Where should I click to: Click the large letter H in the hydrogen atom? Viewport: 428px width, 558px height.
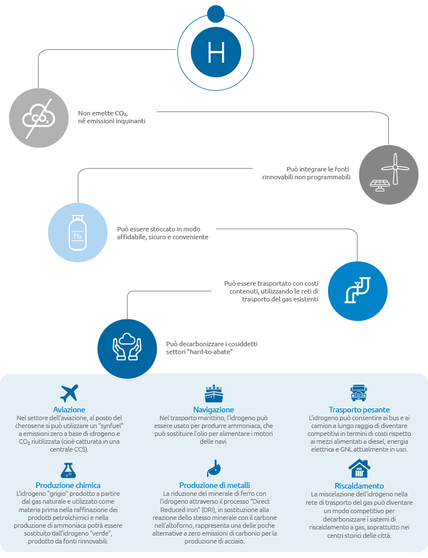[216, 52]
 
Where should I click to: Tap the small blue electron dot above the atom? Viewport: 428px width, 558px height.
[216, 14]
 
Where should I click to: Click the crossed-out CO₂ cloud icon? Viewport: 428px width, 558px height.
[39, 118]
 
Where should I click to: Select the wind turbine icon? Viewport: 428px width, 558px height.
[396, 168]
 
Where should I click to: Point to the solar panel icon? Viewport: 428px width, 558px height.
[380, 185]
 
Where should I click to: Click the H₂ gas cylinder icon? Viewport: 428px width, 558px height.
[78, 232]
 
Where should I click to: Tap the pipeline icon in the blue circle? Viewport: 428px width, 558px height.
[358, 290]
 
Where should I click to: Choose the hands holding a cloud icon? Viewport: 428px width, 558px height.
[127, 347]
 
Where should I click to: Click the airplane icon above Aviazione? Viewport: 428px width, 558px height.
[69, 393]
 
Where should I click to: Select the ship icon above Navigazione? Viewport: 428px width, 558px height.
[214, 393]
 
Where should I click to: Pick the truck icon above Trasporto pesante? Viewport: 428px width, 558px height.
[358, 393]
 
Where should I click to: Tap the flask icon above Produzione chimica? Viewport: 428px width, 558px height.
[68, 470]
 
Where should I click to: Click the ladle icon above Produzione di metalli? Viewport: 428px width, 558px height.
[214, 468]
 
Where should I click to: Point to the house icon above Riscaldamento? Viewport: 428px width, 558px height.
[359, 468]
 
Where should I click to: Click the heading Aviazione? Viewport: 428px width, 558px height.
[69, 410]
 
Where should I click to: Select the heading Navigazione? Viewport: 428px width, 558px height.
[214, 410]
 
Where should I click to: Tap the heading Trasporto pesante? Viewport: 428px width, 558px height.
[359, 410]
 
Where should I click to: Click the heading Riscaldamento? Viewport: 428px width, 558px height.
[359, 486]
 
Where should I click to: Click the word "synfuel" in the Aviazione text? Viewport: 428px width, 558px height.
[111, 426]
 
